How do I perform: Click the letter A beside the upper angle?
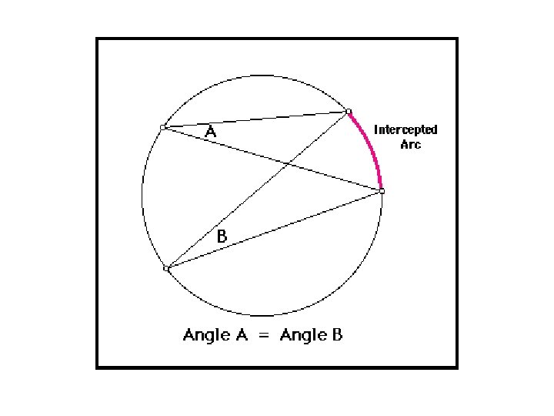(211, 133)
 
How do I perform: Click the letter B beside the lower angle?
(222, 238)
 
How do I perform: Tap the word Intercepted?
(405, 129)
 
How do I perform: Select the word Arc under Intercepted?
(411, 144)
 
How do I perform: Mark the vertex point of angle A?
(163, 127)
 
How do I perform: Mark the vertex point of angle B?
(166, 268)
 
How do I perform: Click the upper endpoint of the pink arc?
(349, 112)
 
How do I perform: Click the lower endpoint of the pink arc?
(382, 190)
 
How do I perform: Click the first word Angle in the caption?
(205, 335)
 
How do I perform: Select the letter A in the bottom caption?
(241, 335)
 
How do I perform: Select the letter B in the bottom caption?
(337, 335)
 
